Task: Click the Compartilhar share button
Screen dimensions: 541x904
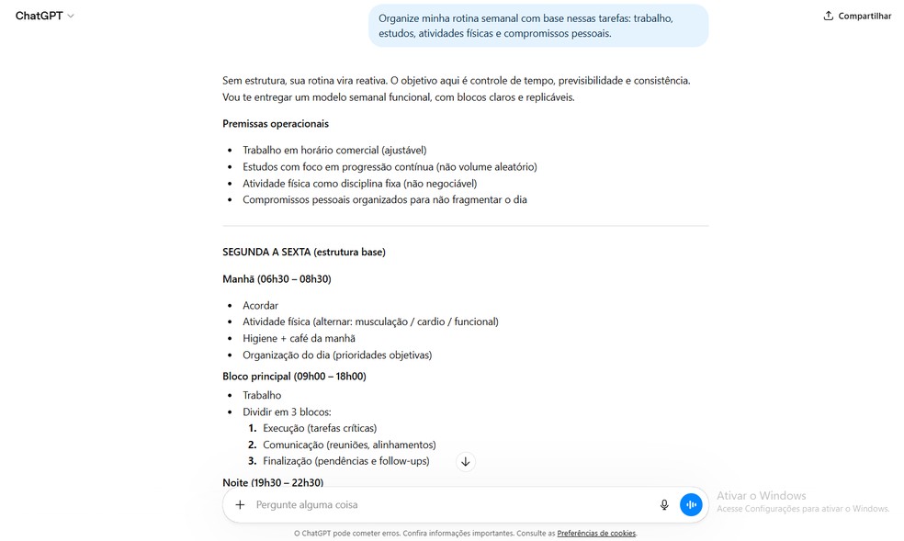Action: pos(857,16)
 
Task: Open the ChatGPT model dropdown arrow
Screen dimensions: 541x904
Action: pos(71,17)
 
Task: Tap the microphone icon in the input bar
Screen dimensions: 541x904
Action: pos(664,505)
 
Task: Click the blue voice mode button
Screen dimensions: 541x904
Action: pos(691,505)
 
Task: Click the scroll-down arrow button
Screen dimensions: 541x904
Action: pos(466,462)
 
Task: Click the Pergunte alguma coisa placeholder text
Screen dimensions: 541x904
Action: pos(307,505)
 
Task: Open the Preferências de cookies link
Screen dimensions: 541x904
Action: pos(596,534)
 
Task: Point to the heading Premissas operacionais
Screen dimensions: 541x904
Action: pos(276,124)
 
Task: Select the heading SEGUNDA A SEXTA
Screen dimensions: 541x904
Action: pos(303,253)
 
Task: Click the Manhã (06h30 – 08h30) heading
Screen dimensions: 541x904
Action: pos(277,279)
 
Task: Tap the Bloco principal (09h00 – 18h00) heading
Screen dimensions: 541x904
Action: pos(294,377)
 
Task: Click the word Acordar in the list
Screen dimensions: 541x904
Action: pos(260,306)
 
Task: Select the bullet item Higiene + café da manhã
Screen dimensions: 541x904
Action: pos(299,339)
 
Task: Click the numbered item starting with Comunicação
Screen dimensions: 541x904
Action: pos(349,445)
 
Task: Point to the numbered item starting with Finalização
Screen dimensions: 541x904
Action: pos(345,461)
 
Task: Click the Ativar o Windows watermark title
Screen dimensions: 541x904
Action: pos(761,496)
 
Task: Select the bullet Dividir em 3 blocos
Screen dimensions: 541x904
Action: pos(287,412)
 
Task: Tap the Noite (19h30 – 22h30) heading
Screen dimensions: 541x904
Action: pos(273,482)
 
